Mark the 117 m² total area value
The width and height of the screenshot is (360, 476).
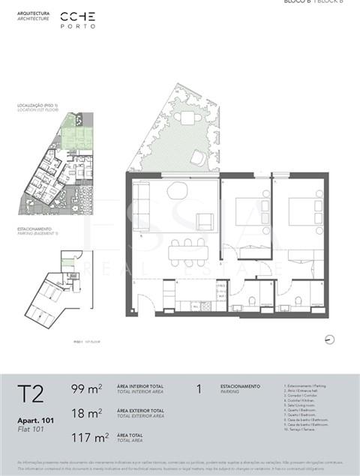[x=88, y=436]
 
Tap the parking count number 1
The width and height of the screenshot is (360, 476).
[x=199, y=389]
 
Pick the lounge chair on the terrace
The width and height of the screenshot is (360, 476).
[x=199, y=157]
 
